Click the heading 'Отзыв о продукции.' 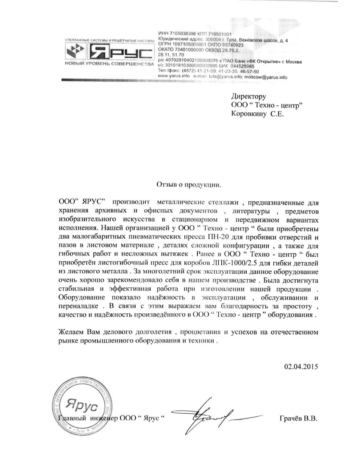pyautogui.click(x=188, y=184)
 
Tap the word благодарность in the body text pyautogui.click(x=216, y=307)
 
